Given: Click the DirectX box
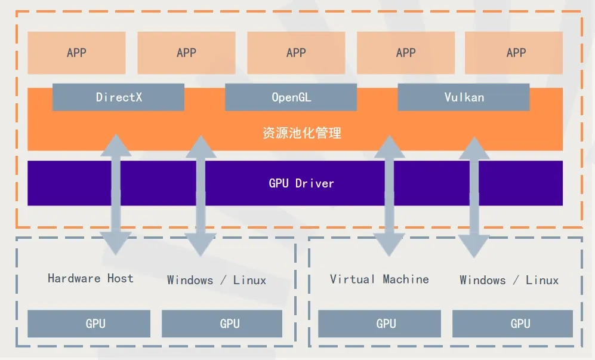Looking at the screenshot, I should (118, 97).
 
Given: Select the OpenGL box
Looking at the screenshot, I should (291, 97).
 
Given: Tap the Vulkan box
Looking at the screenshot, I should (463, 97).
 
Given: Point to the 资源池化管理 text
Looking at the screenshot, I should (302, 133).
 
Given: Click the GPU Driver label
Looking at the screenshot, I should (301, 183).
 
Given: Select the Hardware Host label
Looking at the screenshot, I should (91, 278).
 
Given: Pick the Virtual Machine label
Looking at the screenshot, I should (379, 279).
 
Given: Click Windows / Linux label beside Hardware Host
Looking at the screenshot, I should (216, 280).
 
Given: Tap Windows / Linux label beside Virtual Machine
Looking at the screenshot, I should (509, 280).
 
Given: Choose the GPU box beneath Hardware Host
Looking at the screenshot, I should (95, 324).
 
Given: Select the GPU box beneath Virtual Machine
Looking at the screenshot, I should (386, 324).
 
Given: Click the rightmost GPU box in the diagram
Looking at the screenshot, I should (520, 324).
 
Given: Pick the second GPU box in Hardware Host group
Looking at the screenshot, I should (229, 324).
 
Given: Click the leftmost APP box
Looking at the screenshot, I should (76, 53).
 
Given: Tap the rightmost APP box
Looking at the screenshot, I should (516, 53).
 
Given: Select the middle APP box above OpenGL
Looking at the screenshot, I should (296, 53).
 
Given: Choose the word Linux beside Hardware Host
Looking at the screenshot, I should (249, 280).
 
